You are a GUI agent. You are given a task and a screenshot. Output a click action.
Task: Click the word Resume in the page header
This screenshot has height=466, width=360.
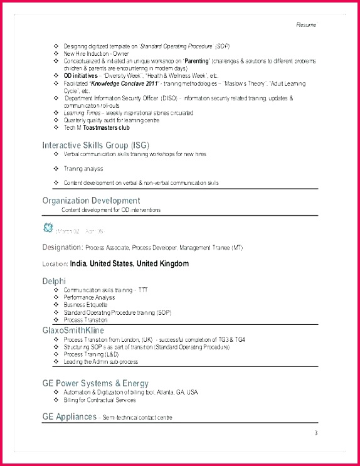tap(307, 24)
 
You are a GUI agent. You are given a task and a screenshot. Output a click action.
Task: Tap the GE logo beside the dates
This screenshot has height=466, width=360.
tap(48, 227)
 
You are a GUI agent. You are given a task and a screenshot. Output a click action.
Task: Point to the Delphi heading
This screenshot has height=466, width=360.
tap(54, 282)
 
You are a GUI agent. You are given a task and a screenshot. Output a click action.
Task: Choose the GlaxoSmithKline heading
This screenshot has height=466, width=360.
tap(73, 330)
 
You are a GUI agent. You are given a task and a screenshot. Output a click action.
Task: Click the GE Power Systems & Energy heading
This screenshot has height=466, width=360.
tap(95, 383)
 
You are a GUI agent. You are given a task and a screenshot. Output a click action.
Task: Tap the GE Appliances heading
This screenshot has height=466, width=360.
tap(70, 416)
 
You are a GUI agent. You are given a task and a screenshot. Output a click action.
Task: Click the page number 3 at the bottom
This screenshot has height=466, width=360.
tap(316, 433)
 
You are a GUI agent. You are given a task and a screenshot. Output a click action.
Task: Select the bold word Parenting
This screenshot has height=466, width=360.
tap(196, 61)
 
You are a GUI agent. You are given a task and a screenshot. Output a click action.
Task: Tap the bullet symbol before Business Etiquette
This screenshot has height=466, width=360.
tap(56, 305)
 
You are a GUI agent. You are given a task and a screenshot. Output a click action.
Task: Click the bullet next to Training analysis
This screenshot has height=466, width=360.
tap(56, 169)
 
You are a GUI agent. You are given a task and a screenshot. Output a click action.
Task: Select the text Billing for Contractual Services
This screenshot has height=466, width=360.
tap(100, 400)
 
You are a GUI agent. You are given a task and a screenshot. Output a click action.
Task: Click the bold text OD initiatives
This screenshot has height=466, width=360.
tap(81, 76)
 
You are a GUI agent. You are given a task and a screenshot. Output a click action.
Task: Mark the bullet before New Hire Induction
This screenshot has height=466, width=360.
tap(56, 54)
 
